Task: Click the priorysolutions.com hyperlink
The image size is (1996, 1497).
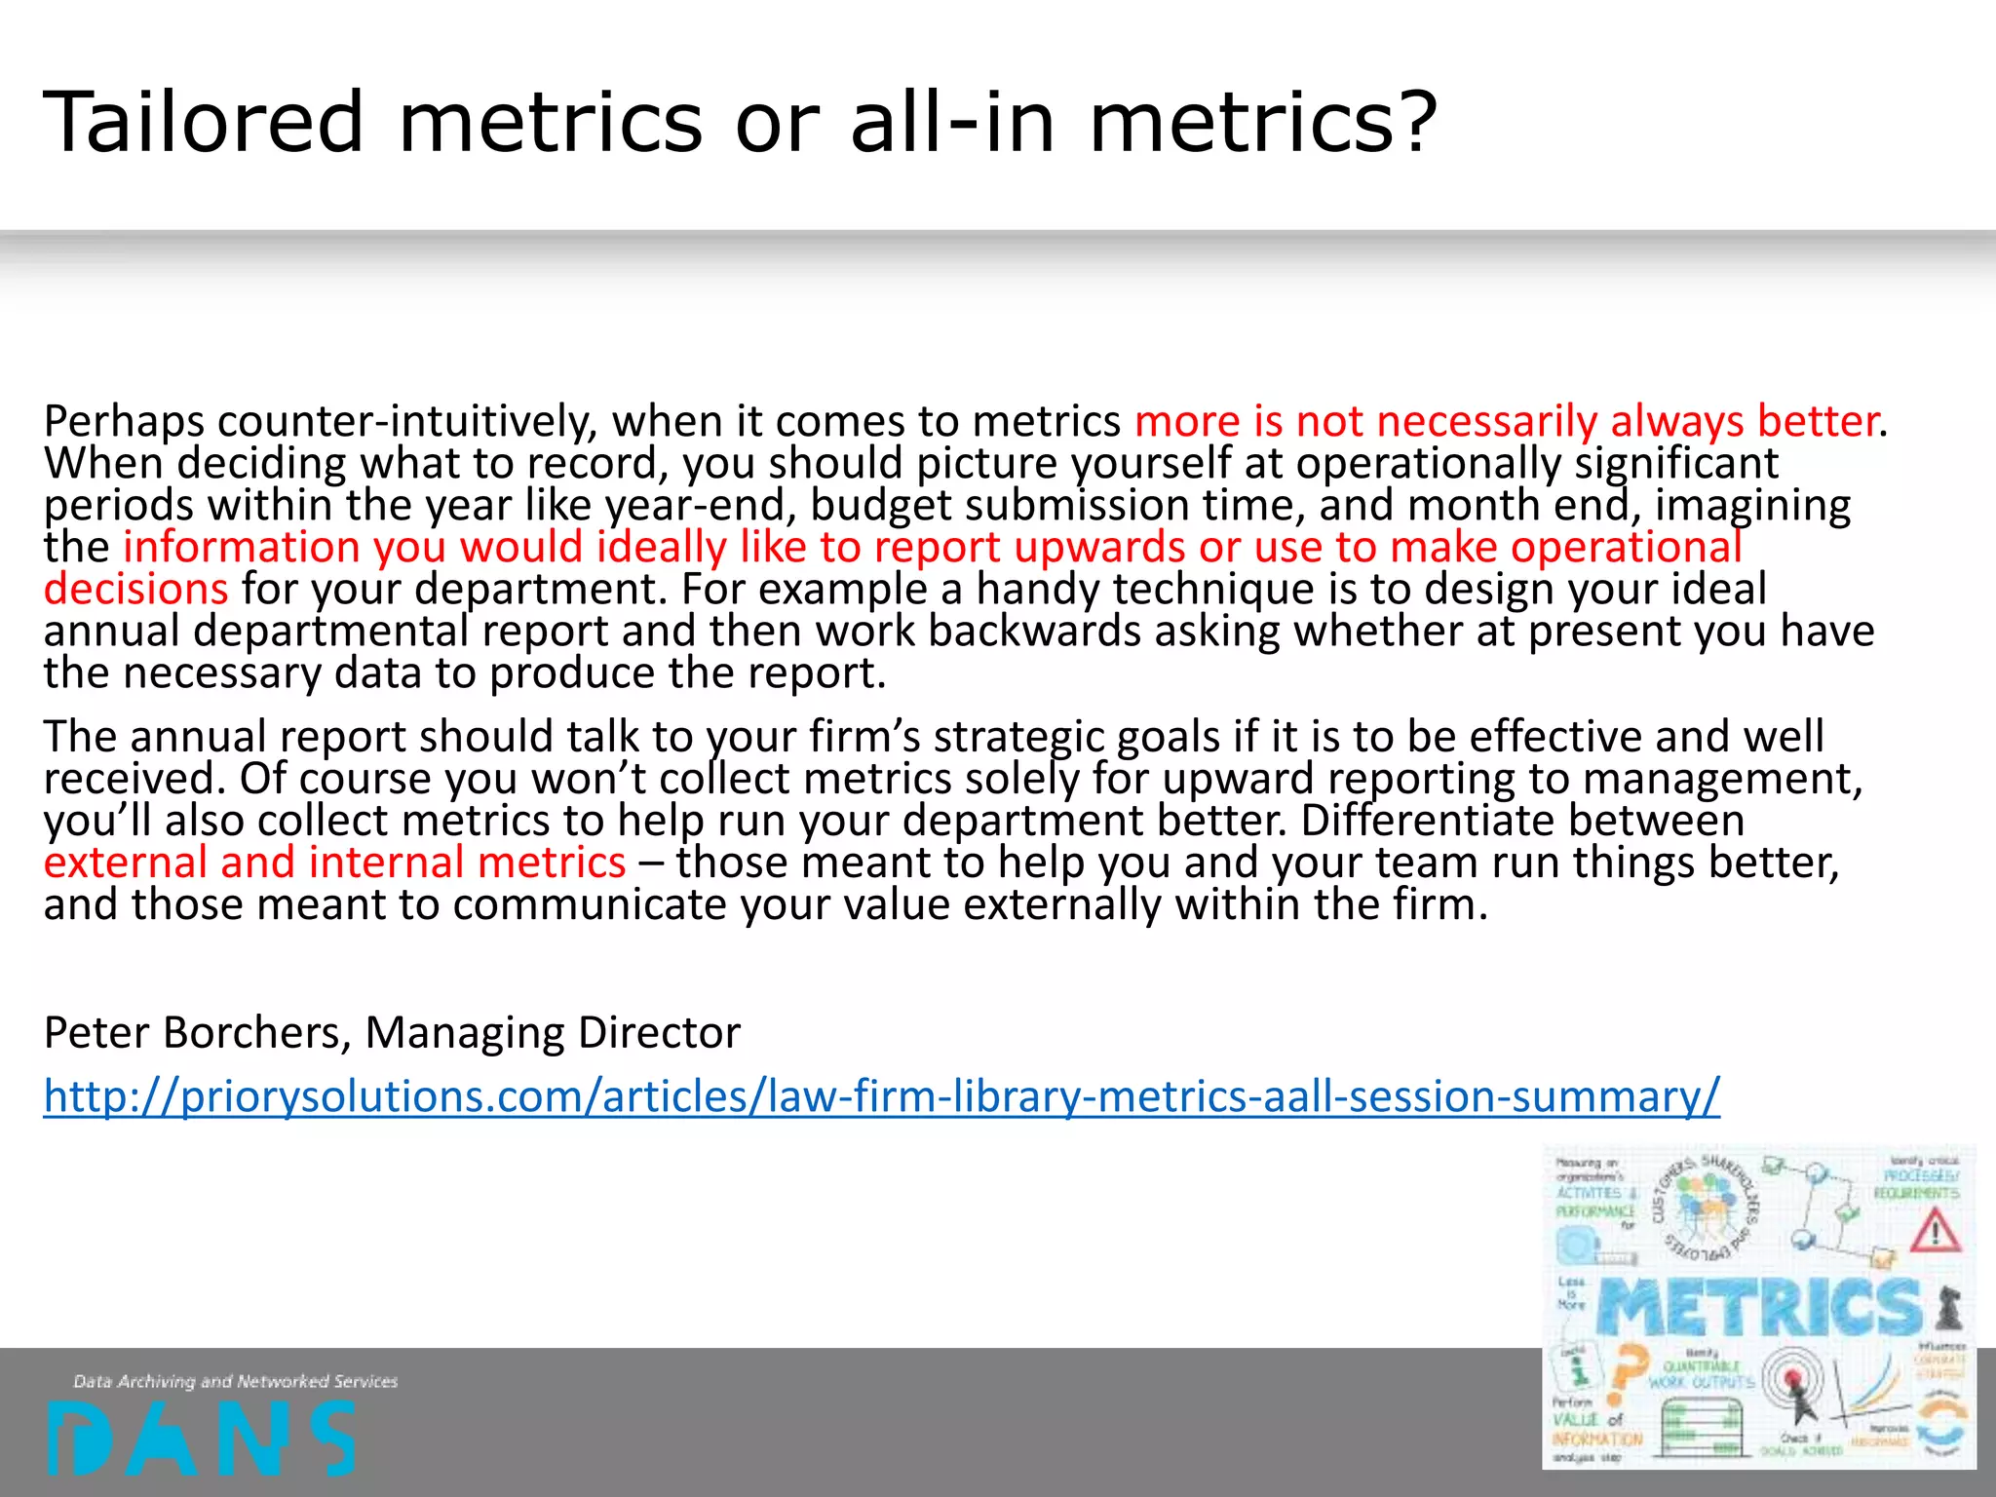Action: (x=881, y=1096)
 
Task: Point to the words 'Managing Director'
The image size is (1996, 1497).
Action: (x=552, y=1032)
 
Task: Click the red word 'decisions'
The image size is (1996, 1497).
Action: (x=135, y=589)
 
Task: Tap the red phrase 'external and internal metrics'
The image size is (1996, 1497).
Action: (x=334, y=863)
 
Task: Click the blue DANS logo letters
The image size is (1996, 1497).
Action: (x=200, y=1438)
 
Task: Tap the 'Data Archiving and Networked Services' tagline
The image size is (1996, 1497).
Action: (x=235, y=1381)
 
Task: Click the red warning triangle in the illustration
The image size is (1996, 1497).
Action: (x=1935, y=1231)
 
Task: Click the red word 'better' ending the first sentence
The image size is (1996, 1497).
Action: (x=1817, y=422)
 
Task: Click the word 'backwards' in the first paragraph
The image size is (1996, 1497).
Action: (x=1034, y=632)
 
